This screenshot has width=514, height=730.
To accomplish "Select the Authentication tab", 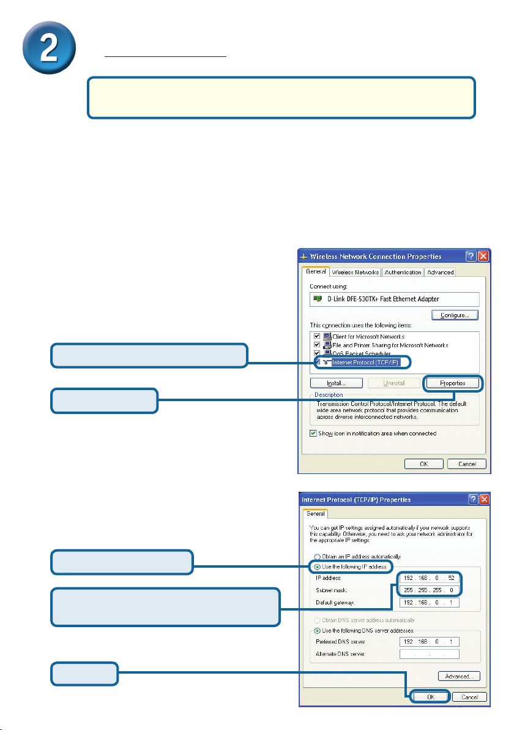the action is click(403, 273).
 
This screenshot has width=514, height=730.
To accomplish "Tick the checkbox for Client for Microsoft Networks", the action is click(316, 337).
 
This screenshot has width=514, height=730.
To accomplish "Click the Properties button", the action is click(453, 383).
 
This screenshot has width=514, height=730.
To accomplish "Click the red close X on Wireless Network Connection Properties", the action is click(483, 256).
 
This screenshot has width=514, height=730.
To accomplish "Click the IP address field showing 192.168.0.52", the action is click(428, 578).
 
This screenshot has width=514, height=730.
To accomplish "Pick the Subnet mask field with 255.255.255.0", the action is click(428, 590).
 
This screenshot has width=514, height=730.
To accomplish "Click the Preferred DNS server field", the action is click(428, 642).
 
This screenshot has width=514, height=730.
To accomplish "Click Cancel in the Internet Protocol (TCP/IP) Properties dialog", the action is click(470, 697).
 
